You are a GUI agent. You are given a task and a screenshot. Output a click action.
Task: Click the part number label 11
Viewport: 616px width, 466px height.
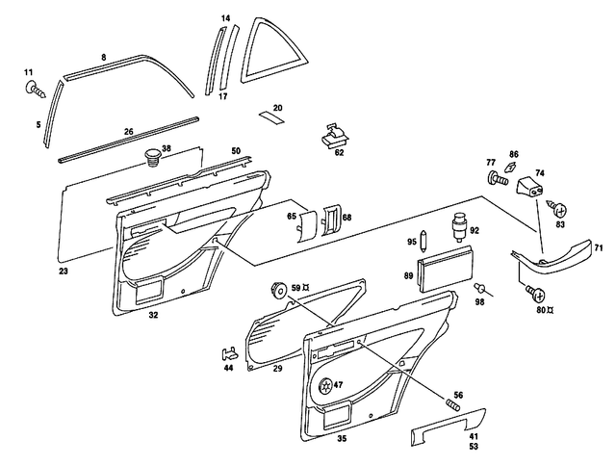point(28,72)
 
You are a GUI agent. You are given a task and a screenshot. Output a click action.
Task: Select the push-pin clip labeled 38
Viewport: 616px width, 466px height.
point(151,155)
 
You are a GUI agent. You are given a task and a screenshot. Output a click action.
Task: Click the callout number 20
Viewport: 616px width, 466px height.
point(277,108)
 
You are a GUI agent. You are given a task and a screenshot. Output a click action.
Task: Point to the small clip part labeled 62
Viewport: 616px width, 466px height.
point(332,138)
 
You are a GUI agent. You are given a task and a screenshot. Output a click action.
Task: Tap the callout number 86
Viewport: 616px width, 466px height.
point(514,154)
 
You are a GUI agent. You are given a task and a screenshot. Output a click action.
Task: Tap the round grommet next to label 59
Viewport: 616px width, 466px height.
point(276,289)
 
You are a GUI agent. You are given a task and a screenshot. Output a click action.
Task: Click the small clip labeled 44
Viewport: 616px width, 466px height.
point(229,350)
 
